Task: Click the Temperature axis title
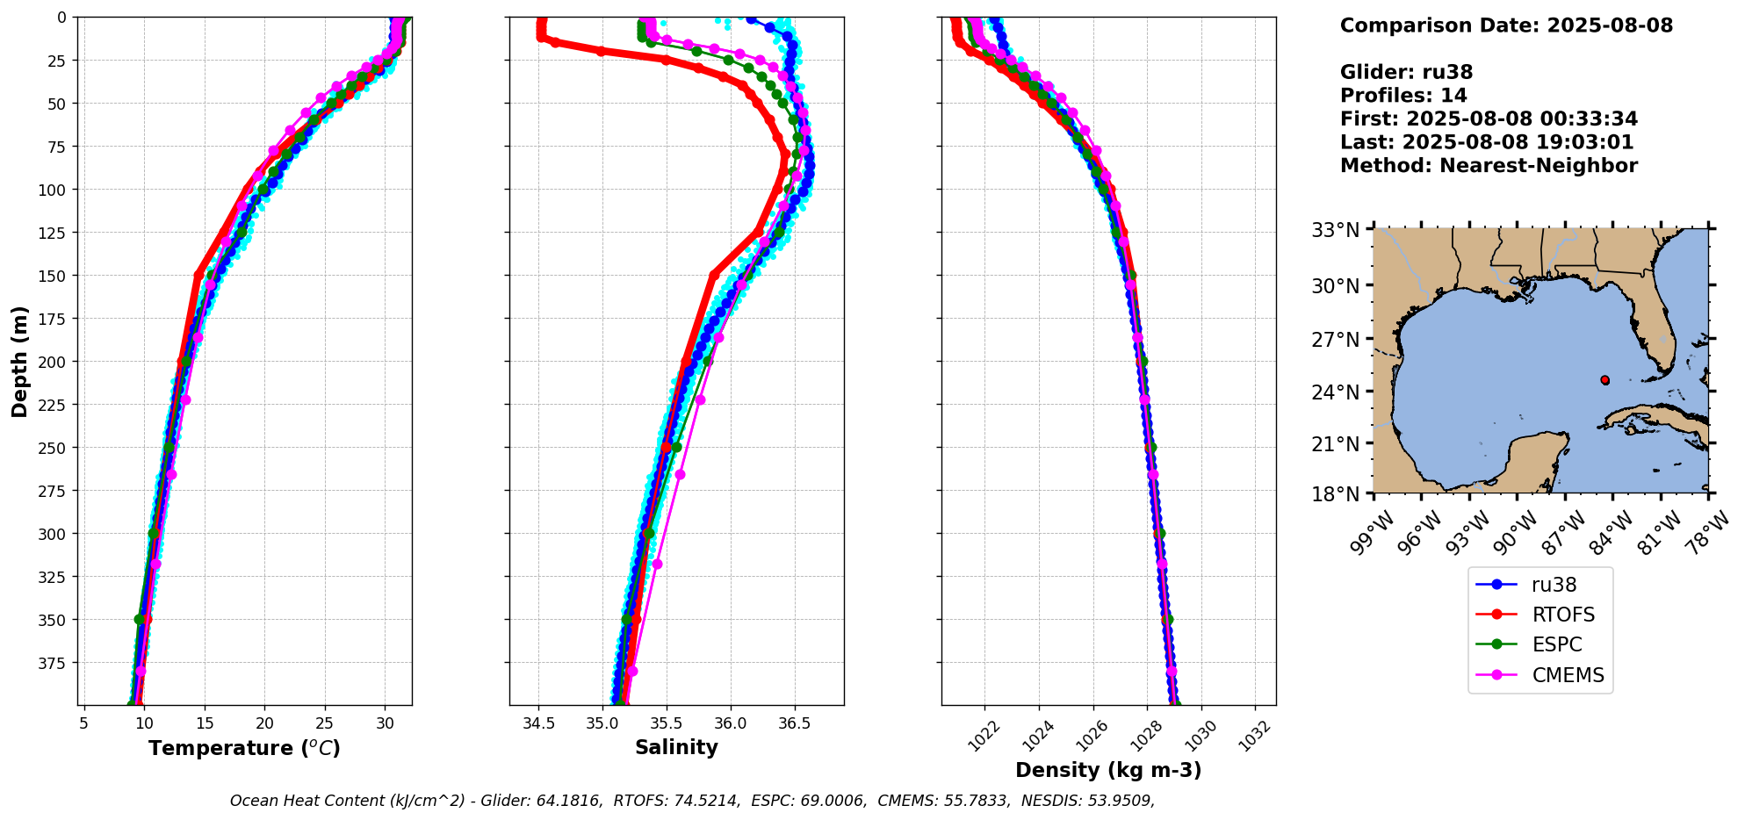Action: (244, 748)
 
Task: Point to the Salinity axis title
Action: (676, 747)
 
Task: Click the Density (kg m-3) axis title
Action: (1108, 770)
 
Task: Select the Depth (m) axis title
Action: (20, 361)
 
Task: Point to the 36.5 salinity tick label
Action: (794, 724)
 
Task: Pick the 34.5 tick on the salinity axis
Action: (538, 724)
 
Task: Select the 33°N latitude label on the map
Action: (1335, 230)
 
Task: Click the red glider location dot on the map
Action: (1604, 380)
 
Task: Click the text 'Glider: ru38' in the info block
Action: (1406, 73)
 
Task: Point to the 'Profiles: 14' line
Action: (1403, 96)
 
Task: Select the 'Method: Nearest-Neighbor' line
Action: (1489, 166)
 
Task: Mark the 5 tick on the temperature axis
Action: (83, 724)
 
